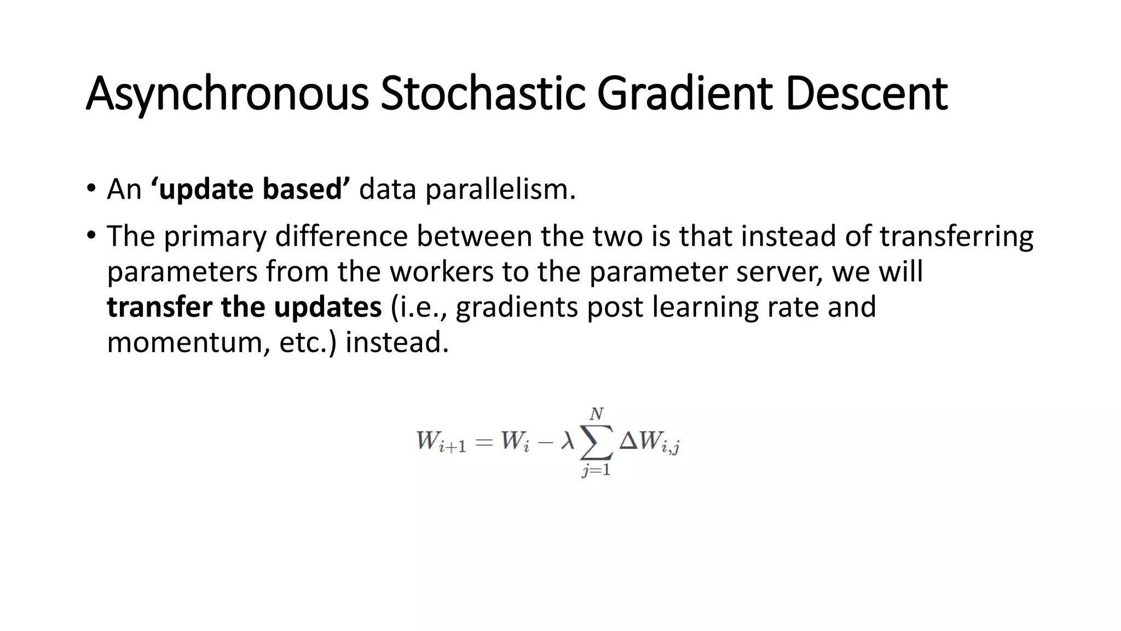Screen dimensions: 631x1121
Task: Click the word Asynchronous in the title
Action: (x=227, y=94)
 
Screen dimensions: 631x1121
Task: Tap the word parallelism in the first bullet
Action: (x=500, y=190)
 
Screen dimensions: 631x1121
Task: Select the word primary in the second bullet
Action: (x=215, y=237)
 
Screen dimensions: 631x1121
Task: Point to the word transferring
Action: (x=956, y=237)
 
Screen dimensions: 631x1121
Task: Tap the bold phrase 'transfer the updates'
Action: (x=244, y=307)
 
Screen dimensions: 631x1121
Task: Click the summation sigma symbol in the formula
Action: (x=596, y=442)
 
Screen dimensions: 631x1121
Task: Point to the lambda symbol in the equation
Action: (x=567, y=441)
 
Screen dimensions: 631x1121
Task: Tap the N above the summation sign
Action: (x=596, y=414)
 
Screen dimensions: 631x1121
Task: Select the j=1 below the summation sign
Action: (x=596, y=470)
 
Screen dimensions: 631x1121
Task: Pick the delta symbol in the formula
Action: (x=628, y=441)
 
